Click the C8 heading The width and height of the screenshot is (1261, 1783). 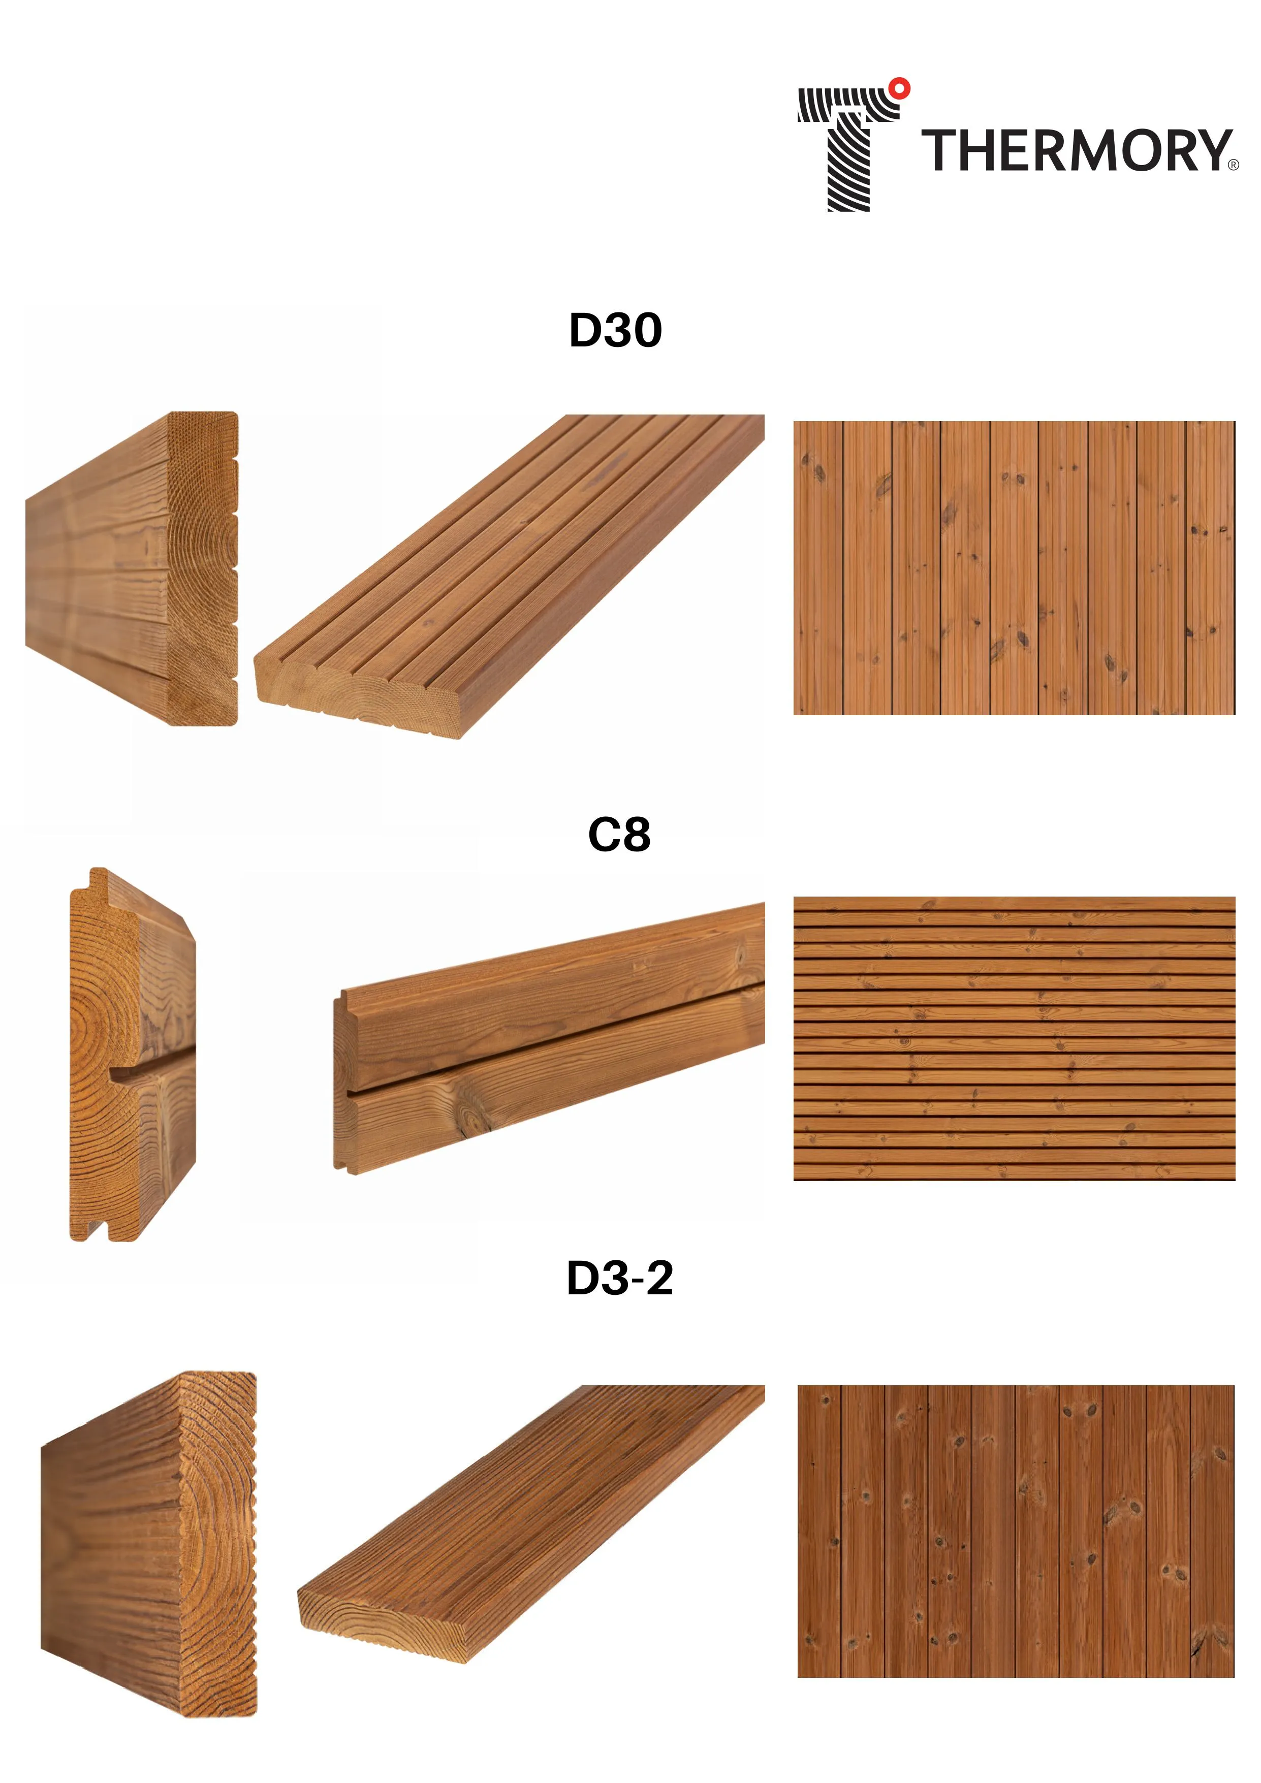click(x=619, y=835)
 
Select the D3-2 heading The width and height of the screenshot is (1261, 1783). click(x=620, y=1278)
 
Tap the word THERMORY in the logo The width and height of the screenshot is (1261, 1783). click(x=1076, y=151)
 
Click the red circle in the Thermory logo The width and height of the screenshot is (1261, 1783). click(x=899, y=88)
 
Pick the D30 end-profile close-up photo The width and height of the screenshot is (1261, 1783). click(x=132, y=568)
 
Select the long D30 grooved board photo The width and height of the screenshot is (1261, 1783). click(x=510, y=576)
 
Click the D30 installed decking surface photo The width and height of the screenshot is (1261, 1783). click(x=1014, y=568)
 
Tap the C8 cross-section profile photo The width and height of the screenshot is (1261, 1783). click(x=133, y=1054)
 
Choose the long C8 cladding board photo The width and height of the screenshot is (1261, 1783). click(x=549, y=1038)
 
